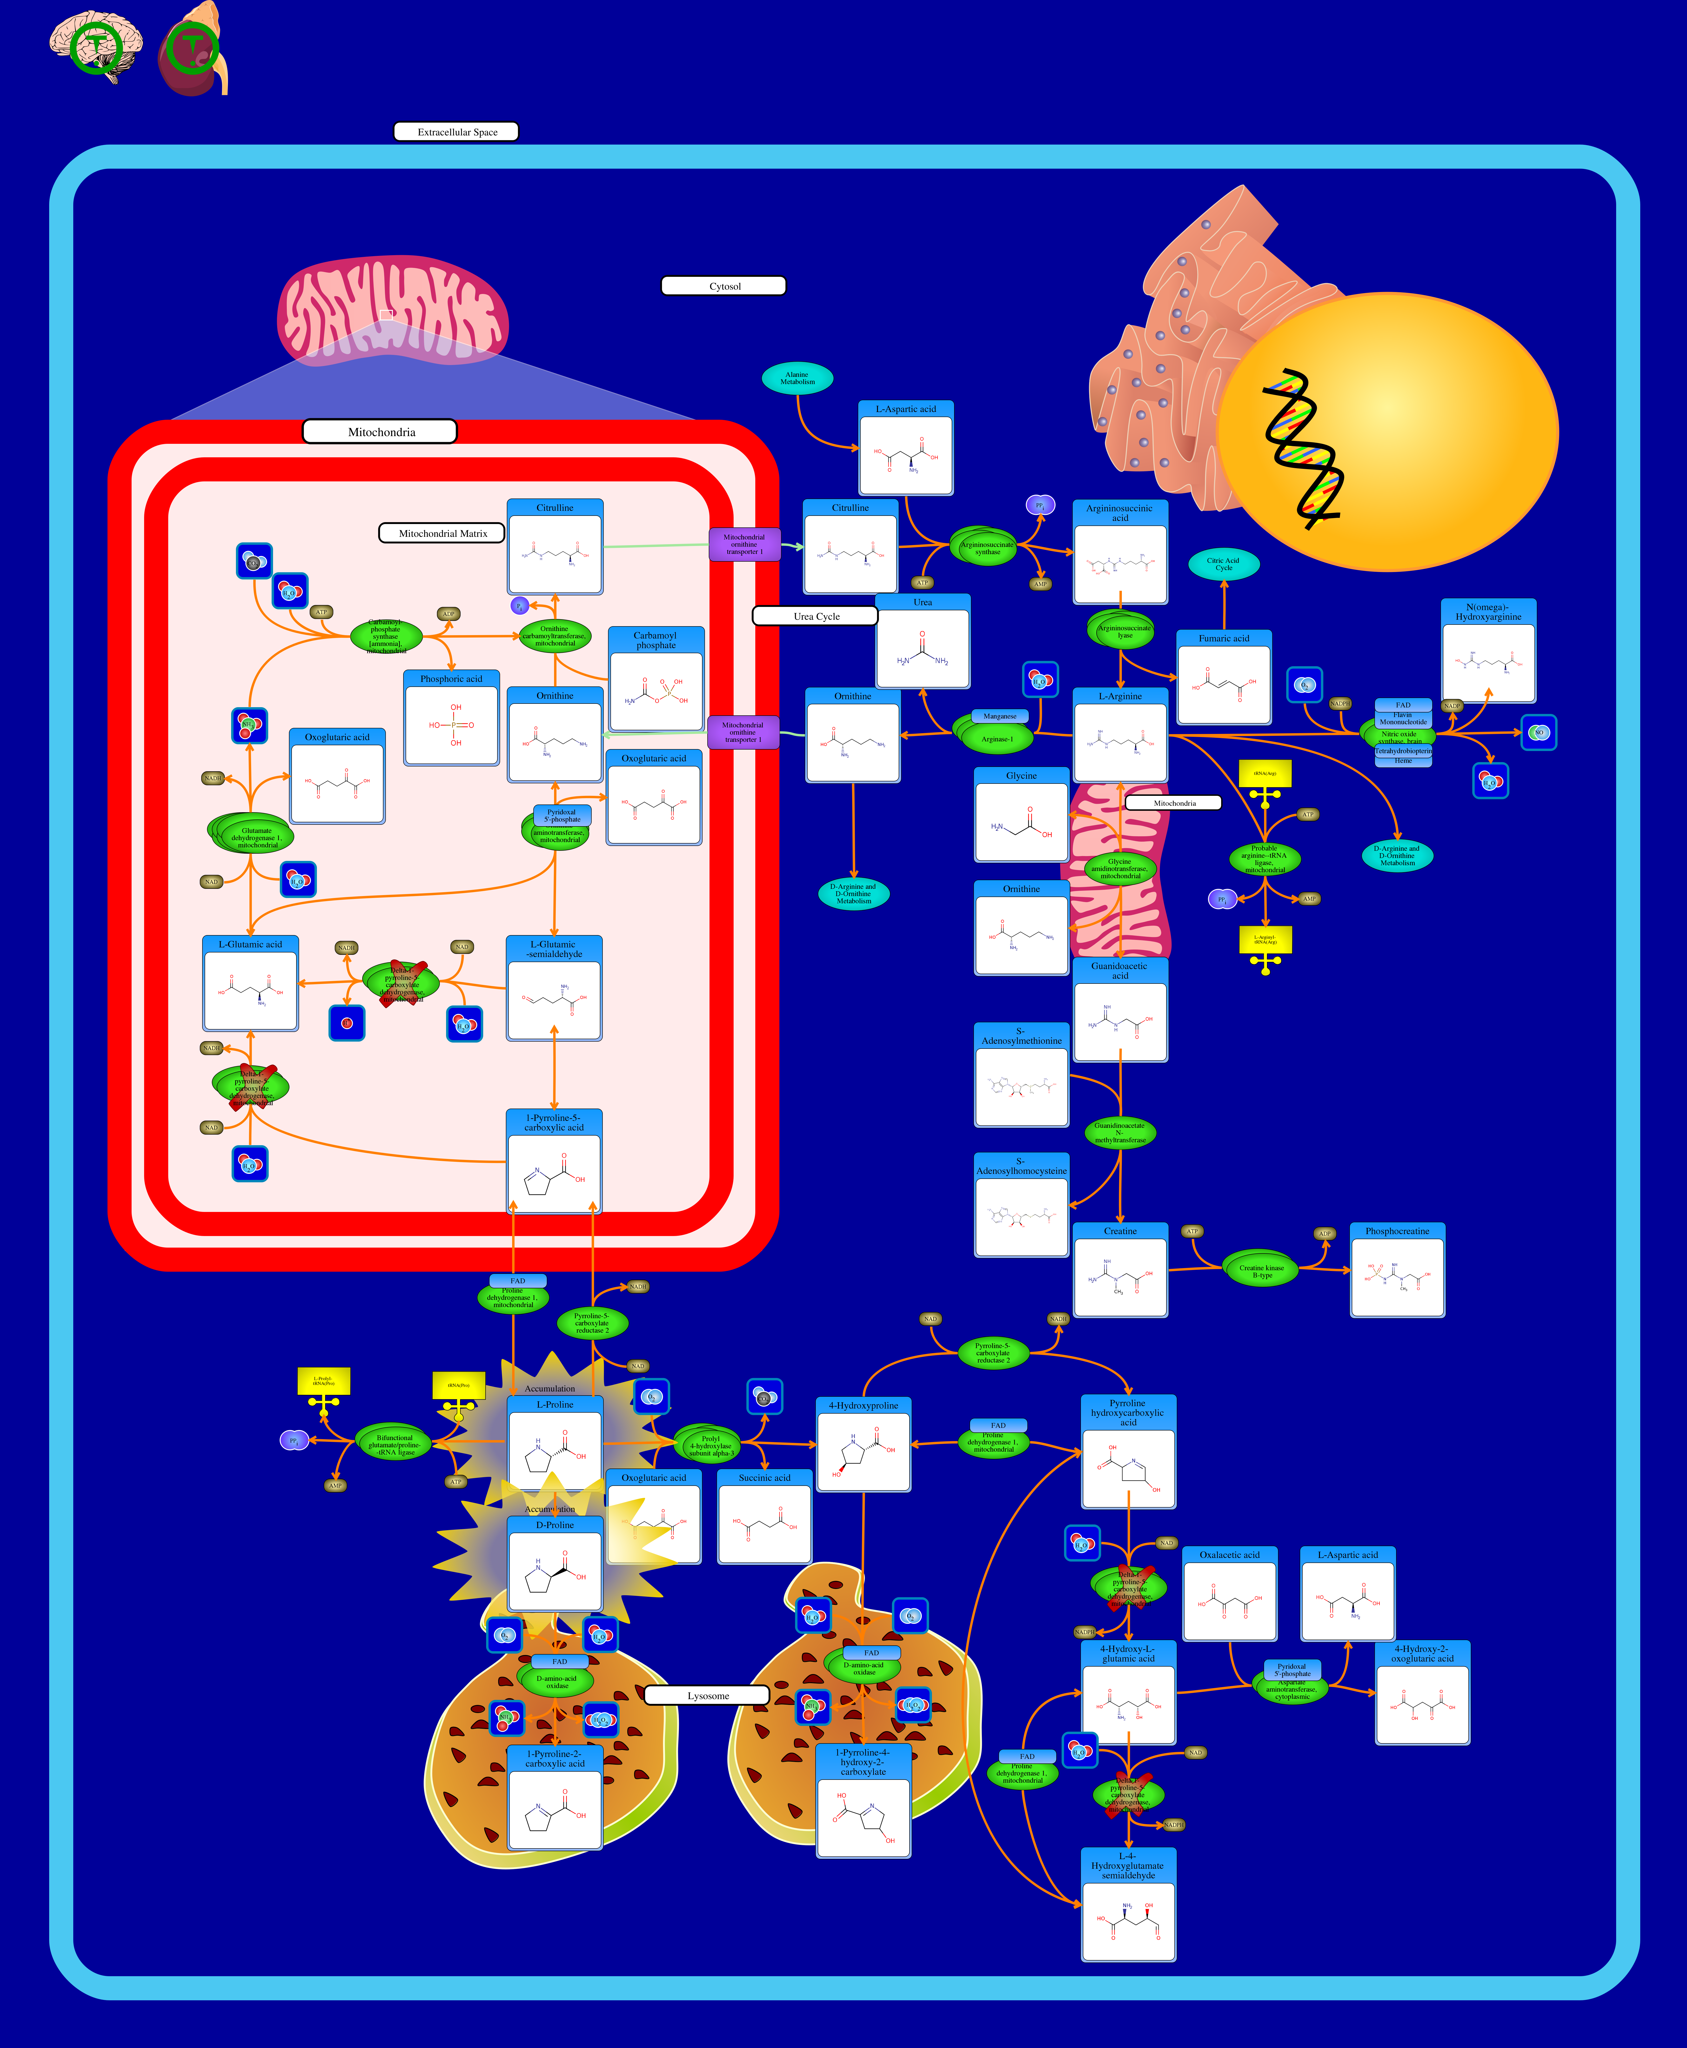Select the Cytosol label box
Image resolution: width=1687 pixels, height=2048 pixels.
[723, 286]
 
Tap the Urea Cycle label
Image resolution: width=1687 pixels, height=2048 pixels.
[815, 616]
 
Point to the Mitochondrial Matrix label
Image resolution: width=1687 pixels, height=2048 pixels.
[441, 532]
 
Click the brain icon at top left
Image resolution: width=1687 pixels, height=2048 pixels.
[95, 47]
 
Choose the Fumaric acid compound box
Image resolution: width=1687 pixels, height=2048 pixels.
[1224, 678]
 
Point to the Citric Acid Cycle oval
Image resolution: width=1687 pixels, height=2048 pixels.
[1224, 564]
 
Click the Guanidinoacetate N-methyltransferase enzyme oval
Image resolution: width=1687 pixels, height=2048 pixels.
[1119, 1132]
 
